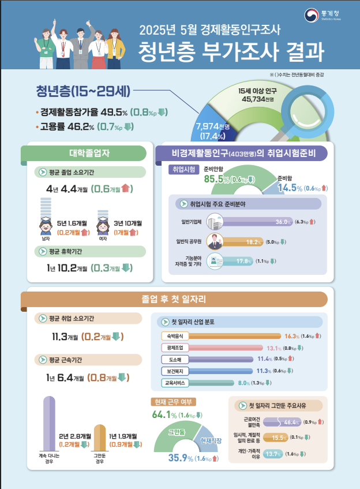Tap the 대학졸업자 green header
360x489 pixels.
click(84, 154)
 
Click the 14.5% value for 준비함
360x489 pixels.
click(290, 188)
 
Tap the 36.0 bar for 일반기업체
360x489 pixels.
click(249, 222)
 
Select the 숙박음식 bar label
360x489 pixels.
click(174, 336)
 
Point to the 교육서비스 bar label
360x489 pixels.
click(174, 382)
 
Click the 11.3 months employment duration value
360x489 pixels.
click(63, 337)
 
